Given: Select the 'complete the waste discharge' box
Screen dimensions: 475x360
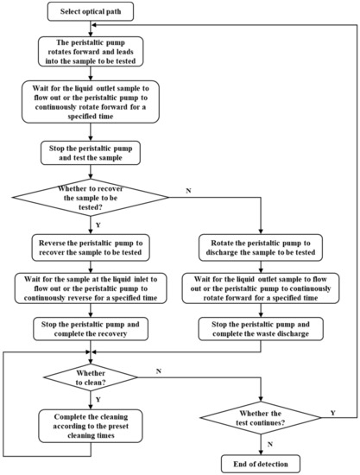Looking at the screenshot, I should [x=262, y=328].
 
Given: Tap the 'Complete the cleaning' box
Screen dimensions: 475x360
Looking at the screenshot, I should [x=91, y=425].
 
